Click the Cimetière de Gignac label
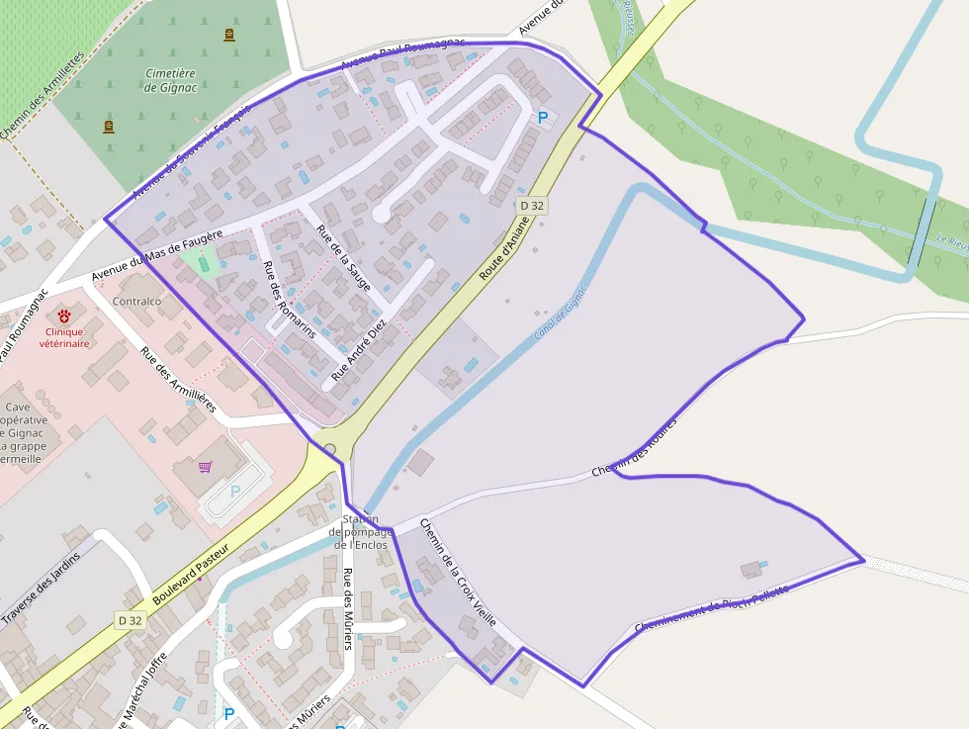[170, 80]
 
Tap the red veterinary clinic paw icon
[64, 317]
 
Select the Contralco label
[137, 301]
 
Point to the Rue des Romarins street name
[289, 299]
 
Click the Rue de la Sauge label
[343, 258]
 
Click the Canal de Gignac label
[561, 313]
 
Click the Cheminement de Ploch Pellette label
[712, 608]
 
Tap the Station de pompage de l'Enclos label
[360, 532]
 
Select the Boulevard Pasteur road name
[192, 575]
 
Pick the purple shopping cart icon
[206, 467]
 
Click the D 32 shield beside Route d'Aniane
[532, 206]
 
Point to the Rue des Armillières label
[177, 379]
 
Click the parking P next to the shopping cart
[235, 492]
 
